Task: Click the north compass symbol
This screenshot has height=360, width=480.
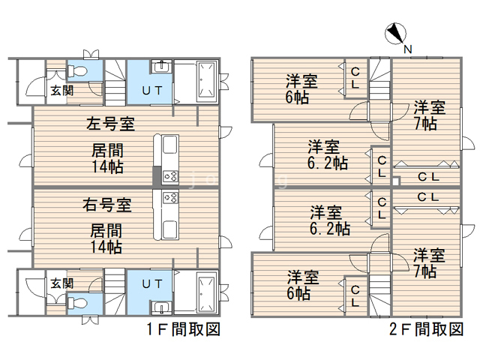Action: point(395,33)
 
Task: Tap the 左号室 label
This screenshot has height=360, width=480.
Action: point(110,124)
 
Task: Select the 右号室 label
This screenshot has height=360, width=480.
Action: point(107,205)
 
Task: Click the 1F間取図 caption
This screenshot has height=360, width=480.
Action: point(184,329)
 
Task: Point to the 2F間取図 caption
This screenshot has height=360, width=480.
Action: point(427,329)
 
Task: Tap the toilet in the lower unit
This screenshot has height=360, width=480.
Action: point(78,303)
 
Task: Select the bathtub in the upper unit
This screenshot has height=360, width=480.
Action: point(207,82)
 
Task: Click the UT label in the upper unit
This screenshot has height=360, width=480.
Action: point(151,90)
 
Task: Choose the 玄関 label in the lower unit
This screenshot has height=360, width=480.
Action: point(62,283)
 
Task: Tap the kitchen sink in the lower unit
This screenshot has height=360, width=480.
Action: point(170,229)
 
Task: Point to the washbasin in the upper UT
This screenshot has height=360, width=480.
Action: point(161,67)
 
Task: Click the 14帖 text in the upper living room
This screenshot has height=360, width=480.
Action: point(107,166)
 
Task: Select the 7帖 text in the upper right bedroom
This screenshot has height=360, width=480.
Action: point(425,124)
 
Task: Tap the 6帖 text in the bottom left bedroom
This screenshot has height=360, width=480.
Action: point(298,293)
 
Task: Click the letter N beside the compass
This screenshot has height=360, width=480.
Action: point(408,49)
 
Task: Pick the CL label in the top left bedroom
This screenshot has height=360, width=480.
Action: point(355,78)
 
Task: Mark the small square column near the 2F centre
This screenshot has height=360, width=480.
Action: point(396,181)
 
